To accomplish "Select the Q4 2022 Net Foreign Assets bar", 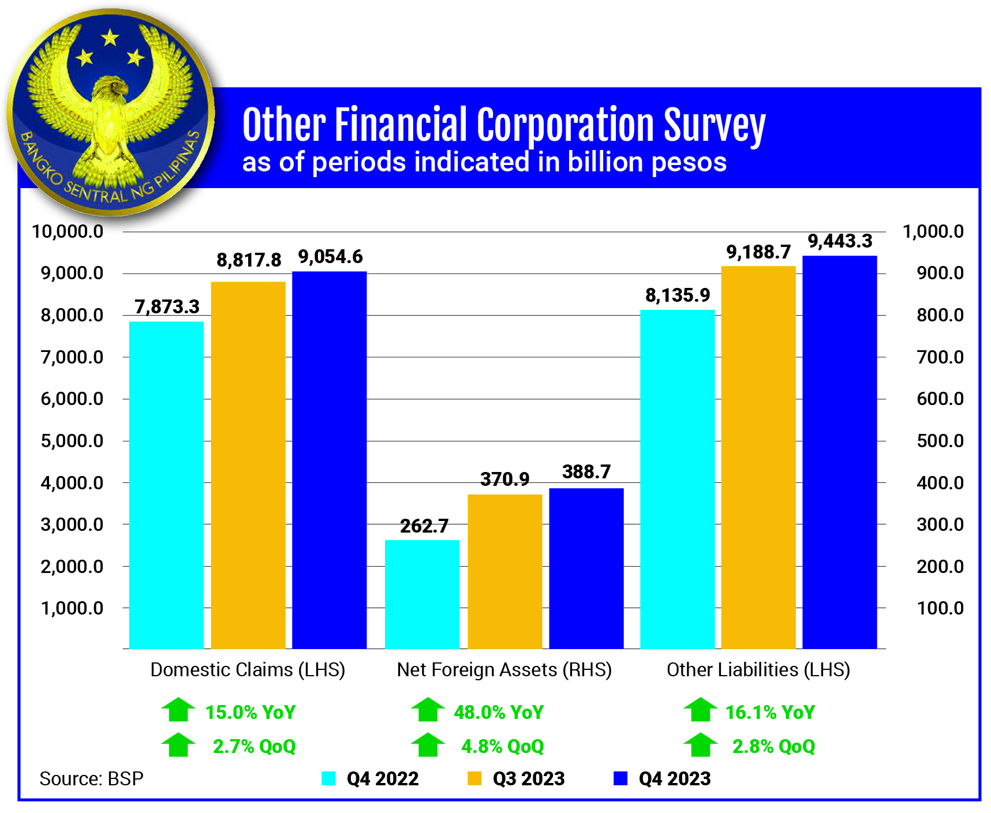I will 422,594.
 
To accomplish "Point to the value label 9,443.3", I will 840,241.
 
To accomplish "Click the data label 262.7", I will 424,526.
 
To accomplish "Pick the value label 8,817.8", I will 249,260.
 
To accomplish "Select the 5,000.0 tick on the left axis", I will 72,441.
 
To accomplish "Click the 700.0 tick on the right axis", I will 940,357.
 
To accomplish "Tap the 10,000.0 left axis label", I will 68,231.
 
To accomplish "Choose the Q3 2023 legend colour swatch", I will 474,778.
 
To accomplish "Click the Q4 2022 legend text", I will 382,778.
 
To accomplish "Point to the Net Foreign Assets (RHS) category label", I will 504,669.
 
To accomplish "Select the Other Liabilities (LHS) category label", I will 758,669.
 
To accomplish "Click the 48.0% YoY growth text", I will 499,712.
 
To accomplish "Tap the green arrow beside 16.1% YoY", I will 700,710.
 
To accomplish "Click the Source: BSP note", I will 91,779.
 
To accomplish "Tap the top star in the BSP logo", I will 110,38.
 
